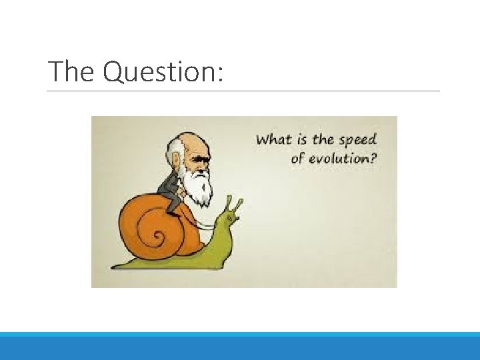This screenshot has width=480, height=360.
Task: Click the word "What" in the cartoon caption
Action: point(273,140)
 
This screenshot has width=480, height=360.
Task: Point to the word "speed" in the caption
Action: point(358,141)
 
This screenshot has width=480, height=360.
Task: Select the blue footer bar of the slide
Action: point(240,346)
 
